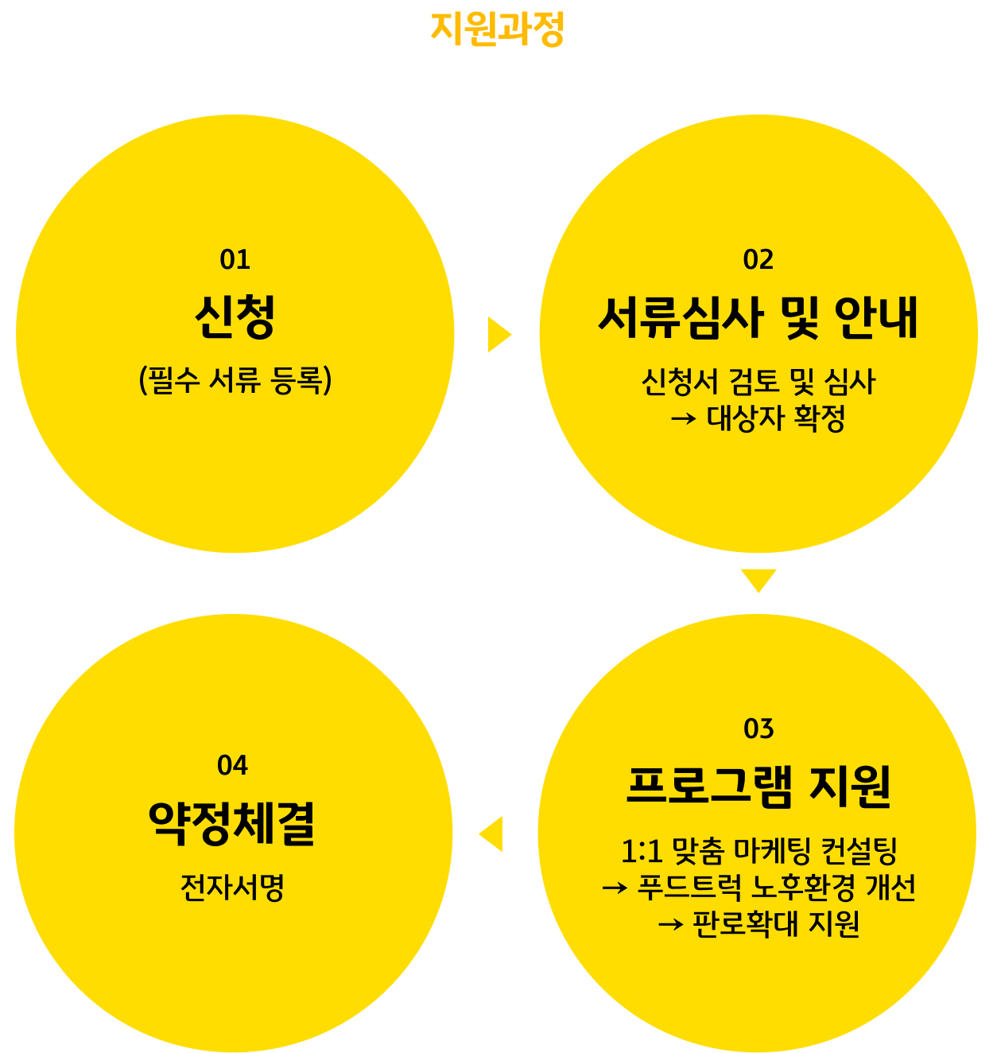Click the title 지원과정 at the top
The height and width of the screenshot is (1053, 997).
point(498,29)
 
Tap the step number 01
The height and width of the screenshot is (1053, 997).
point(235,259)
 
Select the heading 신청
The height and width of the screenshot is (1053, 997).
point(235,317)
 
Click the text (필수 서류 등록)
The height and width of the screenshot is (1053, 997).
point(235,380)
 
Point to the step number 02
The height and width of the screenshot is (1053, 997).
point(758,259)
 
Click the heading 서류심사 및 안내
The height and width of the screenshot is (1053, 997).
point(758,317)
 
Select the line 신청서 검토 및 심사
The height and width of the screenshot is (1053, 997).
point(758,382)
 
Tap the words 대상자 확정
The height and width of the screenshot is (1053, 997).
point(776,418)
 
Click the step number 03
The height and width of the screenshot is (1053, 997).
point(758,729)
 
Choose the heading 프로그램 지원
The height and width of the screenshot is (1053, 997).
point(758,787)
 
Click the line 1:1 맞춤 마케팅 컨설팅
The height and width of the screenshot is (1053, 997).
point(758,851)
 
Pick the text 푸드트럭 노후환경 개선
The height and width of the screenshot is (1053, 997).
point(776,888)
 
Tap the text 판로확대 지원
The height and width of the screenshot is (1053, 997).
point(776,924)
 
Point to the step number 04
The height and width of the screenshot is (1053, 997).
point(232,765)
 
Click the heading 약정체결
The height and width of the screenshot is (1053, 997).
point(232,823)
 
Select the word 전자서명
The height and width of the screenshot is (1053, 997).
point(232,888)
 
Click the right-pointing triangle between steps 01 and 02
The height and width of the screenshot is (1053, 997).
point(498,335)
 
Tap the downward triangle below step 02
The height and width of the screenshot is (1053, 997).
point(758,579)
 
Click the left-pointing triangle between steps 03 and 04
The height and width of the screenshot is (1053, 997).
point(492,834)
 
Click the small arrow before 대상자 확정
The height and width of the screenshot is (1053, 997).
point(684,418)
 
